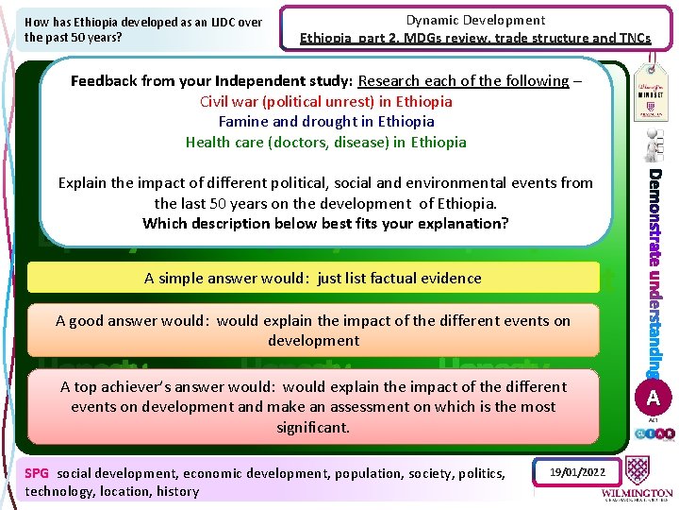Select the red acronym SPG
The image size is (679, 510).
click(x=37, y=473)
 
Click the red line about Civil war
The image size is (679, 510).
click(x=325, y=101)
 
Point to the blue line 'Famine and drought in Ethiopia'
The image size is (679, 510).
click(x=325, y=121)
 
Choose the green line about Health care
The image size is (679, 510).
click(x=325, y=142)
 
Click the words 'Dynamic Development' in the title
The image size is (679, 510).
click(x=475, y=20)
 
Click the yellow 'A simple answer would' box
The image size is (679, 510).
click(x=313, y=278)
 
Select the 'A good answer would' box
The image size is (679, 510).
click(x=313, y=330)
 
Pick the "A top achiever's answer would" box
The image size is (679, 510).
click(x=313, y=406)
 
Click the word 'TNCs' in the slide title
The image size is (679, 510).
click(x=629, y=39)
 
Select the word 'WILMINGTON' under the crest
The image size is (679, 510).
click(x=637, y=493)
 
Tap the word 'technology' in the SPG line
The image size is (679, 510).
click(x=58, y=491)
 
